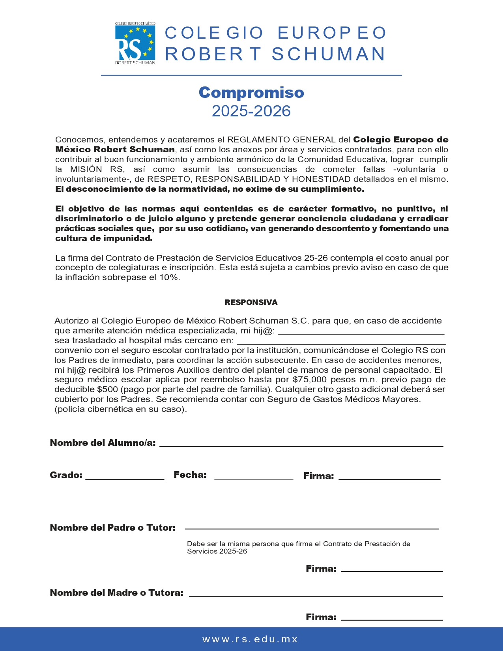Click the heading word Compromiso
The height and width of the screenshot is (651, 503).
pyautogui.click(x=251, y=92)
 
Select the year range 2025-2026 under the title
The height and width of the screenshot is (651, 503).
pyautogui.click(x=251, y=111)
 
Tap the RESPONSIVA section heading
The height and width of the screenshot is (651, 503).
pyautogui.click(x=251, y=303)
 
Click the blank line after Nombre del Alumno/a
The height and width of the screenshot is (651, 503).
pyautogui.click(x=301, y=445)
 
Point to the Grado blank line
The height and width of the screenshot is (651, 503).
pyautogui.click(x=125, y=478)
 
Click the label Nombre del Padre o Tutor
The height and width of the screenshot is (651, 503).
pyautogui.click(x=113, y=528)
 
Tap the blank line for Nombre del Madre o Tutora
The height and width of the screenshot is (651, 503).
pyautogui.click(x=316, y=595)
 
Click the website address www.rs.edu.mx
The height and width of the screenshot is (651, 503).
pyautogui.click(x=250, y=639)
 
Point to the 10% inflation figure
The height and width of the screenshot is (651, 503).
pyautogui.click(x=169, y=277)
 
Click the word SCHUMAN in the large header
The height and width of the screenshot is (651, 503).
pyautogui.click(x=328, y=54)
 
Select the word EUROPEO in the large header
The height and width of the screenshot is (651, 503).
pyautogui.click(x=332, y=33)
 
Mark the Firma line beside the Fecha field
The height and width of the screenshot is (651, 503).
pyautogui.click(x=389, y=478)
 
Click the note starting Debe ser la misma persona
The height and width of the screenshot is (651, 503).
pyautogui.click(x=299, y=548)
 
